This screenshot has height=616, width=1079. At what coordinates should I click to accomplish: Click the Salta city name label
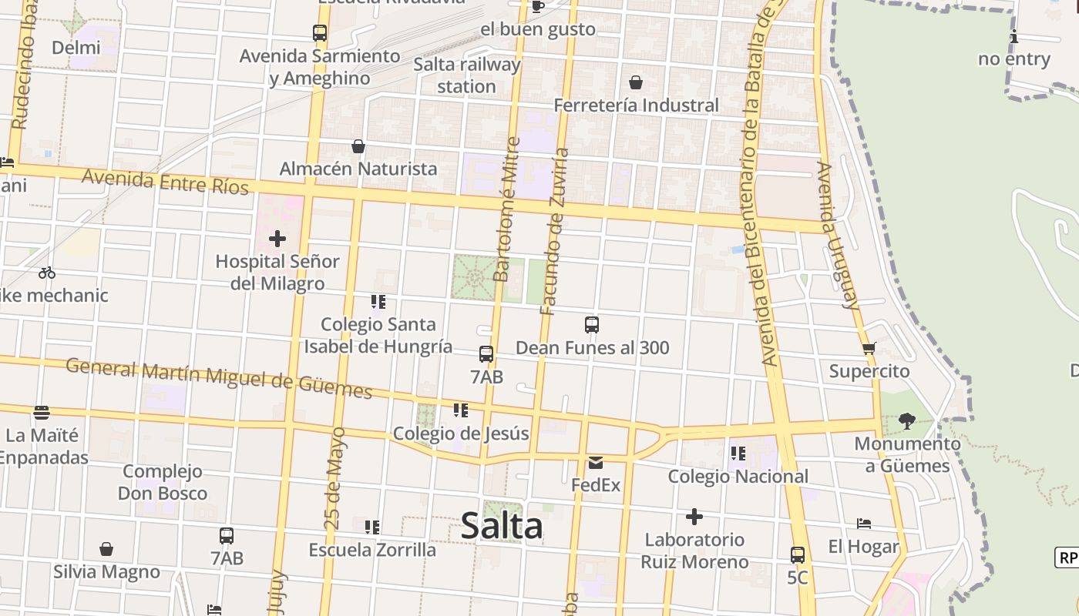click(x=502, y=527)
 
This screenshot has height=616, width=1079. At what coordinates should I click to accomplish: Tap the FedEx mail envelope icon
click(x=596, y=463)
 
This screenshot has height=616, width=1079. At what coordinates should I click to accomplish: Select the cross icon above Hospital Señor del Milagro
click(x=277, y=239)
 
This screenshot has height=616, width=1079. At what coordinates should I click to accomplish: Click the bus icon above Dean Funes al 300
click(x=592, y=325)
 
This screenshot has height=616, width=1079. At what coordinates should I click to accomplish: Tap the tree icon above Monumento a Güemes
click(x=907, y=421)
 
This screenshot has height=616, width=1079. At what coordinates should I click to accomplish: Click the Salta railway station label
click(x=467, y=75)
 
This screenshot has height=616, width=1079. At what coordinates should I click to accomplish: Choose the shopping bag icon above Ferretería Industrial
click(x=636, y=82)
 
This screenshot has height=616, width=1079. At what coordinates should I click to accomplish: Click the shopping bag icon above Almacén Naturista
click(x=358, y=146)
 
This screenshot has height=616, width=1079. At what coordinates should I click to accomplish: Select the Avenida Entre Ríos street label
click(x=165, y=182)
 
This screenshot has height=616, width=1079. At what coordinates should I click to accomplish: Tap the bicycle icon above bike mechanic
click(x=47, y=273)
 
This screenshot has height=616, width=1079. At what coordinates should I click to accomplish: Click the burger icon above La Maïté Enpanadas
click(x=42, y=413)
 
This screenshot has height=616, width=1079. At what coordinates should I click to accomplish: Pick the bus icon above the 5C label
click(x=798, y=554)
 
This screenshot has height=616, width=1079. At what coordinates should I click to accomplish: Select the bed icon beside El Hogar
click(x=864, y=524)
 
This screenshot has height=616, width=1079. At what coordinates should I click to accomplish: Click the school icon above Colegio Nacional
click(x=738, y=454)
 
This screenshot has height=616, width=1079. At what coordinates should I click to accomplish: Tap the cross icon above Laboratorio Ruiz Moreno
click(x=694, y=517)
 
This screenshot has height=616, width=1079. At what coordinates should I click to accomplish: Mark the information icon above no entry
click(x=1014, y=36)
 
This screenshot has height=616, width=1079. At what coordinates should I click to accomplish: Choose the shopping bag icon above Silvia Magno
click(x=106, y=549)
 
